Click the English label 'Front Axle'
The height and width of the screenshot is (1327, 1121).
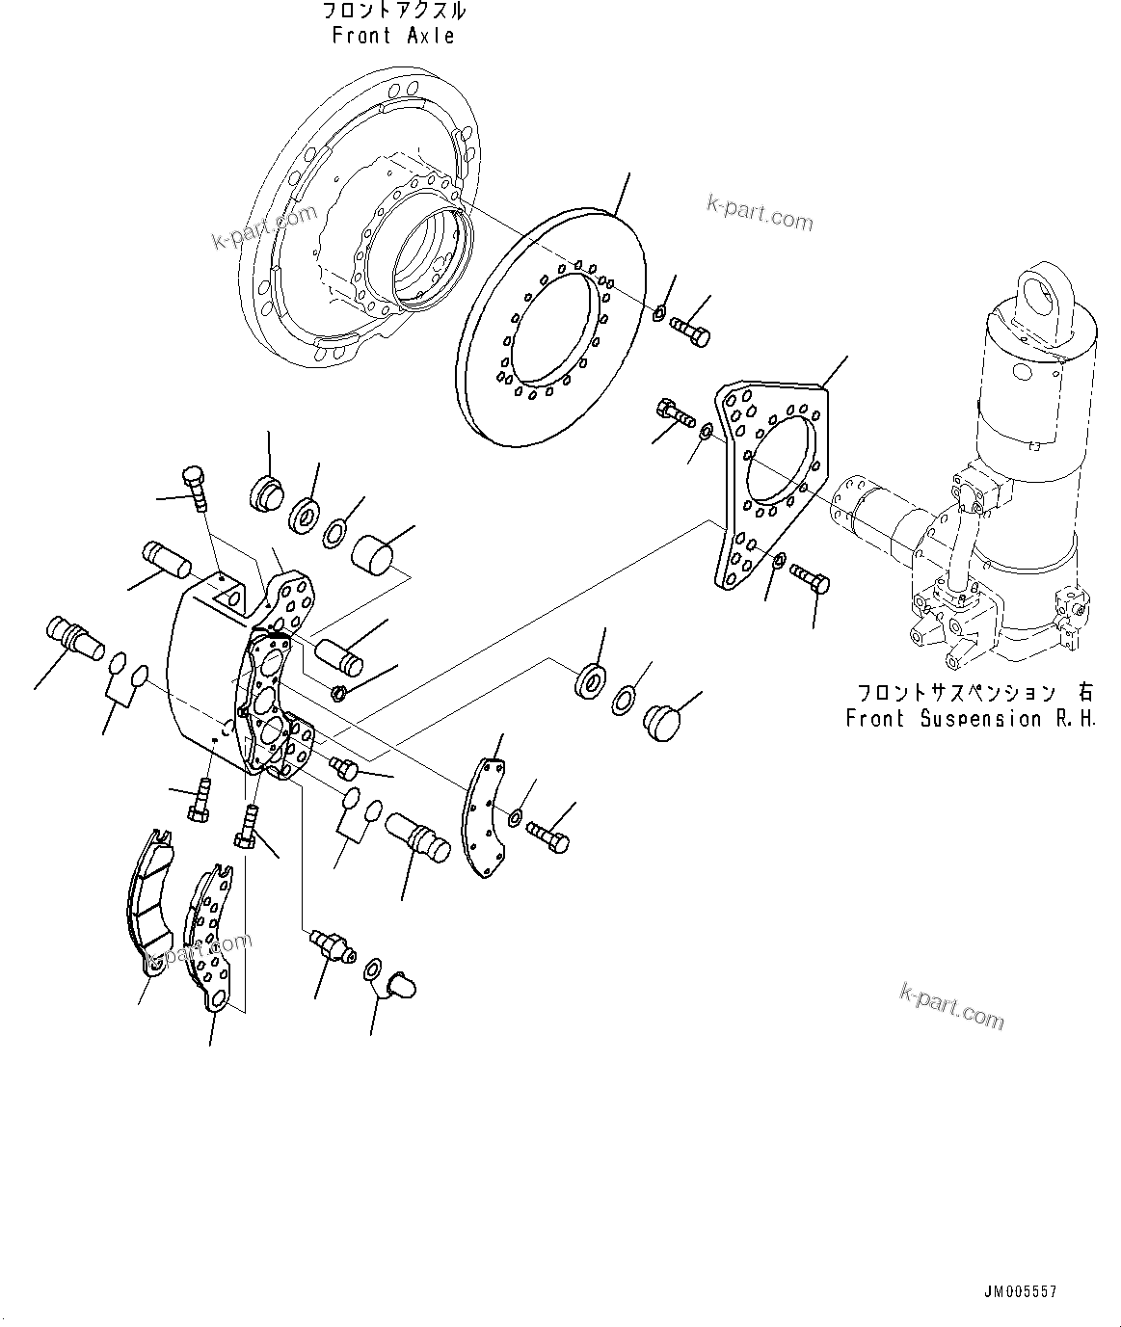392,36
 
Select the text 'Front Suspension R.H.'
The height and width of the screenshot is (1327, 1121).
971,719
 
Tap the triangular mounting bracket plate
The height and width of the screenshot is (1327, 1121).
771,482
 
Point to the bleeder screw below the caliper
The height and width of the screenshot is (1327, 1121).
328,944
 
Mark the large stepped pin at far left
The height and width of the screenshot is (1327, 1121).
74,638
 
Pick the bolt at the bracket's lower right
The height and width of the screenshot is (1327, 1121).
810,578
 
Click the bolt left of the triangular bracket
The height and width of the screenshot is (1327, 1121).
674,413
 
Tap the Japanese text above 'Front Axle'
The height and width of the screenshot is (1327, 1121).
392,12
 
